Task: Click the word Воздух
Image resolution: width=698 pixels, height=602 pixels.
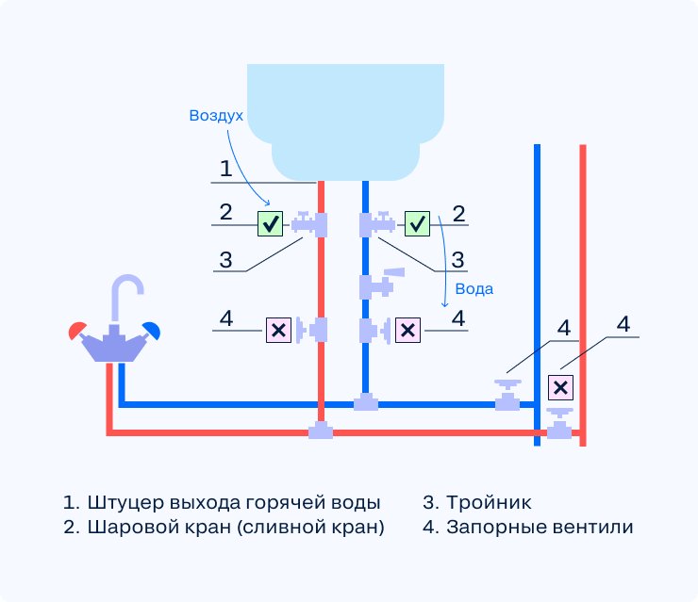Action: pos(216,115)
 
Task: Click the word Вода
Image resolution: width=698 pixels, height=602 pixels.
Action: pos(474,289)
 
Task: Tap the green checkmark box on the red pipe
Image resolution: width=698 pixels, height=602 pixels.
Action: pos(271,224)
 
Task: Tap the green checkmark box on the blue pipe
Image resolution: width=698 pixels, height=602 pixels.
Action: pos(417,224)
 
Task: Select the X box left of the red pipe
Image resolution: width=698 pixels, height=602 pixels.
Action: pos(278,330)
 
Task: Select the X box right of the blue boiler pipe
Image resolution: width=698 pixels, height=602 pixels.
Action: pos(407,330)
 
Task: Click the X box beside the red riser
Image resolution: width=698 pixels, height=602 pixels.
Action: pos(560,387)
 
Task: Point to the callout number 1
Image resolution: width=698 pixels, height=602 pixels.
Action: pos(225,170)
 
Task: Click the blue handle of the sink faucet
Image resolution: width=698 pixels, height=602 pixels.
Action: pos(152,329)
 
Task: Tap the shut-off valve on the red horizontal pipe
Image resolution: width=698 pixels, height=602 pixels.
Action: pos(561,428)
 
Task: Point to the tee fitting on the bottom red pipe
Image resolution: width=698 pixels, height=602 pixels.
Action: pos(322,431)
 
